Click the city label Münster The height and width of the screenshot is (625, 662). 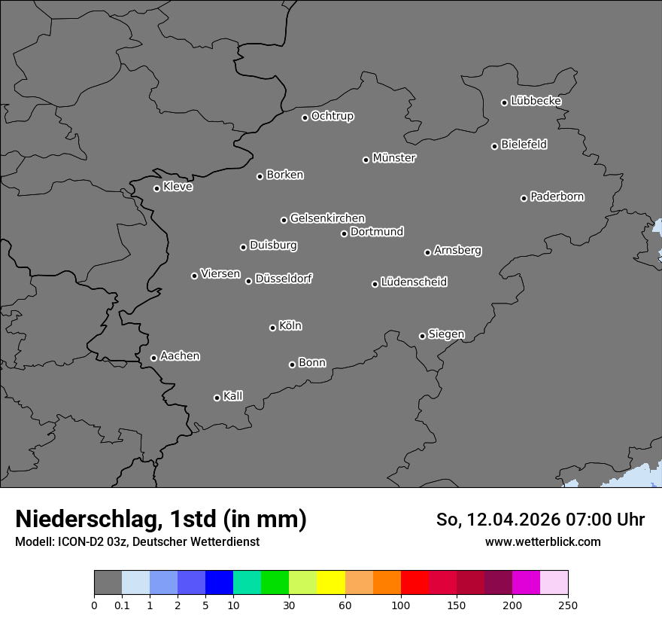393,158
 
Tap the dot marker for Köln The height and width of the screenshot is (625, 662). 272,328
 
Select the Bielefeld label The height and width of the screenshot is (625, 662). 524,145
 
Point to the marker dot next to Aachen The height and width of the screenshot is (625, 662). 153,358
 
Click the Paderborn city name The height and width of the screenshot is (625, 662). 557,197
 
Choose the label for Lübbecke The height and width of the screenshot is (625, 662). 536,101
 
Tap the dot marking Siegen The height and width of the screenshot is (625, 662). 422,336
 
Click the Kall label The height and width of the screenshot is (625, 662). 232,396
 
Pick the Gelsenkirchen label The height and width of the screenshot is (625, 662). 327,218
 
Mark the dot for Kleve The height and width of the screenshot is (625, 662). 156,188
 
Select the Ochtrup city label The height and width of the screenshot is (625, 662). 332,116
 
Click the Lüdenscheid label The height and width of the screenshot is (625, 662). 414,282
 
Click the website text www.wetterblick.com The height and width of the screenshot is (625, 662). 542,541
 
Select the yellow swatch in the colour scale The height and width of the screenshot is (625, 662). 331,583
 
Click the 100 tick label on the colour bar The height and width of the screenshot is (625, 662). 401,605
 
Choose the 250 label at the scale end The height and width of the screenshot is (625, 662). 568,605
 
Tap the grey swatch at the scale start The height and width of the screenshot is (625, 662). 108,583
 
